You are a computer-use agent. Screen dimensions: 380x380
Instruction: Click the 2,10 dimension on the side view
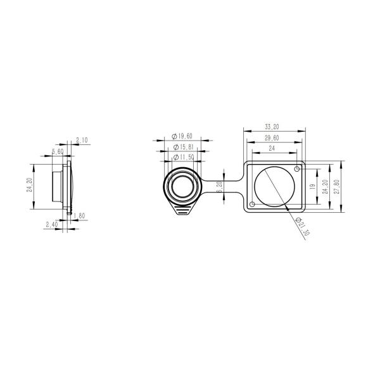[82, 140]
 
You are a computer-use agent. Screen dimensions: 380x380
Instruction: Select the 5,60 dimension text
[57, 152]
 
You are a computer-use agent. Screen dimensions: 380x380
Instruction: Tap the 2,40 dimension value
[52, 224]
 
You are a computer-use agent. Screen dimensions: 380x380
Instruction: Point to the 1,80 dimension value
[80, 216]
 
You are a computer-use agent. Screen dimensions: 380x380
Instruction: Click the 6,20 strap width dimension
[218, 187]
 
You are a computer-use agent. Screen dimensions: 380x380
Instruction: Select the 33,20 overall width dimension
[274, 126]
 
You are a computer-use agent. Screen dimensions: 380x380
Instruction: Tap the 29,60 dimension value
[273, 137]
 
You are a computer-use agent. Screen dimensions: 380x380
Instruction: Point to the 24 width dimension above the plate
[272, 148]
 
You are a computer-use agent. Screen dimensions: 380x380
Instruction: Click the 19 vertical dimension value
[312, 187]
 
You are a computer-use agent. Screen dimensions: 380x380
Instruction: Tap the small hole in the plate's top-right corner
[296, 168]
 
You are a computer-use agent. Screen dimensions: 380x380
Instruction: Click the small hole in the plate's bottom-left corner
[253, 205]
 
